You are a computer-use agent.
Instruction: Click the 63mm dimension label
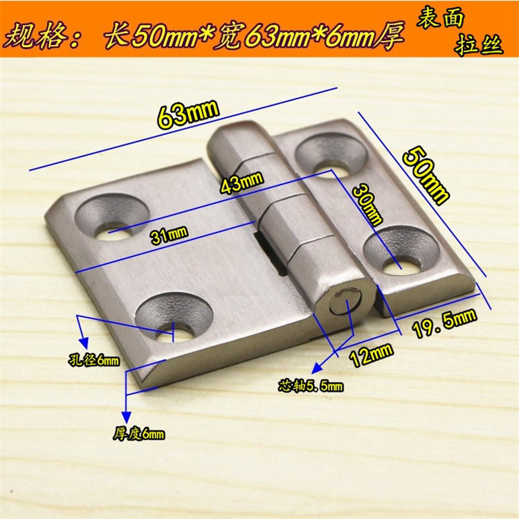[188, 114]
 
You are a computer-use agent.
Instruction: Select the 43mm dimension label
[242, 183]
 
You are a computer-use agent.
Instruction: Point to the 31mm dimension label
[169, 235]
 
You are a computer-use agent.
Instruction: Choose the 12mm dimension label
[372, 354]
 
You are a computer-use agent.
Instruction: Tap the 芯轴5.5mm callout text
[311, 385]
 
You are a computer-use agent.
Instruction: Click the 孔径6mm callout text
[93, 360]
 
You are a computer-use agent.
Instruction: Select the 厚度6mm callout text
[139, 433]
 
